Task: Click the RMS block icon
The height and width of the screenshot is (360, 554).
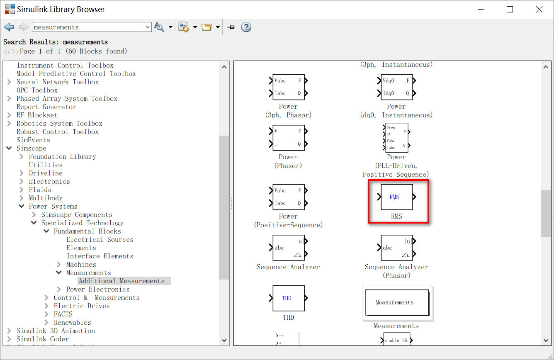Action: coord(397,197)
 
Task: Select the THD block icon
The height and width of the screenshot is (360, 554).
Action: coord(289,298)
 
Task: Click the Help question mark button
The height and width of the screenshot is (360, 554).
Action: coord(246,27)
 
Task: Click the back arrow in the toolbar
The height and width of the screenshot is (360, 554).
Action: coord(9,27)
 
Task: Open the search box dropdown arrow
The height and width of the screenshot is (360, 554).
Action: coord(148,27)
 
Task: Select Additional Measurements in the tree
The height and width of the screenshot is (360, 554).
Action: coord(121,281)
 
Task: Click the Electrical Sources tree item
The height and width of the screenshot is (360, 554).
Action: coord(100,239)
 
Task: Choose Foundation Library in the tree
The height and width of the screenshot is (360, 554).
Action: coord(62,156)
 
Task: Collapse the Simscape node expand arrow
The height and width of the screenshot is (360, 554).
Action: coord(9,148)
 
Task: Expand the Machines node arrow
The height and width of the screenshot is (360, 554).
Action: coord(58,264)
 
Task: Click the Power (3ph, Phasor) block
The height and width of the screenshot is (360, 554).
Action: coord(289,87)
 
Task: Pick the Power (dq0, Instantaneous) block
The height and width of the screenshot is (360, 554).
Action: coord(397,87)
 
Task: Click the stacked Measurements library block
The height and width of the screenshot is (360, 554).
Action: coord(397,303)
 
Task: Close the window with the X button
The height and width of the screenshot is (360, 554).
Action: coord(539,10)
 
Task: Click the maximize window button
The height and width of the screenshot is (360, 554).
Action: coord(510,10)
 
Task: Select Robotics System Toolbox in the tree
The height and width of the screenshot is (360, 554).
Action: coord(59,123)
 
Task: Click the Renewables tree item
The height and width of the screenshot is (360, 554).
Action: coord(72,322)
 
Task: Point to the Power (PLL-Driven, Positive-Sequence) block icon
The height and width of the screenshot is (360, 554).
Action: coord(397,137)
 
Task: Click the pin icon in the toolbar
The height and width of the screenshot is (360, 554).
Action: coord(231,27)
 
